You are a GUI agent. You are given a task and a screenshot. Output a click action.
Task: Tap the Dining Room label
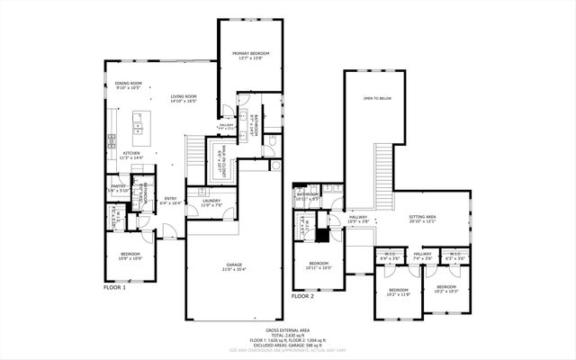129,86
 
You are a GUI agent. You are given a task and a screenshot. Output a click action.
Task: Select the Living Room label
184,99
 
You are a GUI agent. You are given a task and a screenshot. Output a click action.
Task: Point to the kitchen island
140,129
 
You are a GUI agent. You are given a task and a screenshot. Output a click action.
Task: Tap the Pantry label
118,188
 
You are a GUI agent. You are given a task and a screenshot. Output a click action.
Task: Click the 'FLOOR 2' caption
302,295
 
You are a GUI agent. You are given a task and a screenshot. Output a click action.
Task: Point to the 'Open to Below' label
376,98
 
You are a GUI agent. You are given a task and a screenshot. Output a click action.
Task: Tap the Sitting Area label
422,219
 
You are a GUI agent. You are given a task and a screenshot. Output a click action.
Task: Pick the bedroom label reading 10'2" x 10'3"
446,290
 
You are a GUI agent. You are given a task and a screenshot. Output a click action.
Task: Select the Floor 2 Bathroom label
309,196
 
